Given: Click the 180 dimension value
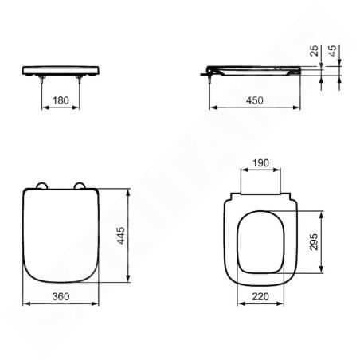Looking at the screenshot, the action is tap(61, 100).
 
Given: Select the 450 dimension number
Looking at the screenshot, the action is tap(255, 100).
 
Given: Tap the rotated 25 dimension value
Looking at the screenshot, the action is tap(315, 51).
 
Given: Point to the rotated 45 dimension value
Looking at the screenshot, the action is tap(332, 51).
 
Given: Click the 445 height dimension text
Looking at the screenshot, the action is tap(121, 235).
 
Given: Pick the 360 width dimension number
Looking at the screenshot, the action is tap(61, 296).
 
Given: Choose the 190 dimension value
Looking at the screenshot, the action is tap(260, 162).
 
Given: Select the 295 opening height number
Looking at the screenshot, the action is tap(314, 241).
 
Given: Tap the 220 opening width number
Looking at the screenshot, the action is tap(260, 296).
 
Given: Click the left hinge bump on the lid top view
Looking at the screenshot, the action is tap(41, 186).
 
